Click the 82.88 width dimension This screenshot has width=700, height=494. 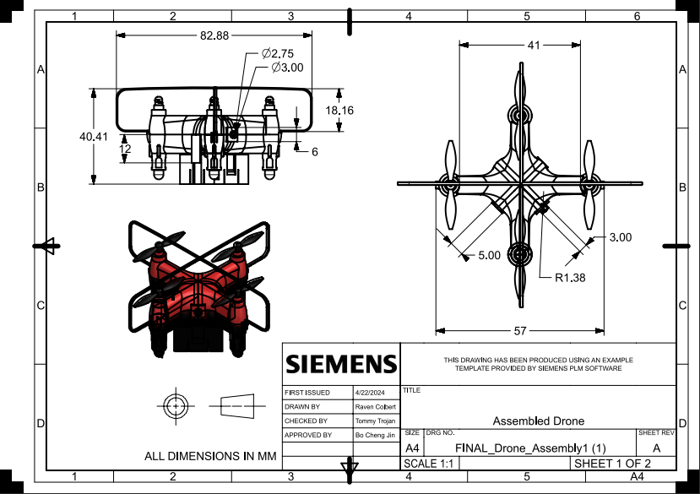214,35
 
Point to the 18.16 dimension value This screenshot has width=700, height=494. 339,111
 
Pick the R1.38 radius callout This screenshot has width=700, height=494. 570,276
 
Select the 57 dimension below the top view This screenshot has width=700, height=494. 520,330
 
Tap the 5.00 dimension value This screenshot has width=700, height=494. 489,254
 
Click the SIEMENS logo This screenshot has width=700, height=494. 340,364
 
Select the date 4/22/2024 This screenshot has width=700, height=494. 369,393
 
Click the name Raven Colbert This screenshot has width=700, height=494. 372,407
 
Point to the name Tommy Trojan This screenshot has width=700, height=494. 372,421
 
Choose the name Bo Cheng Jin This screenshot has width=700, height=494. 372,435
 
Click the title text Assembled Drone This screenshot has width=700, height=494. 537,421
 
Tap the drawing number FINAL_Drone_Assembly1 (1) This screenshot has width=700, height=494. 530,448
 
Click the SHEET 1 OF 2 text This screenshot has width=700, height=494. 612,464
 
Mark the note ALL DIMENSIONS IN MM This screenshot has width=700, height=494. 211,456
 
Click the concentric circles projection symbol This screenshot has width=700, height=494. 175,406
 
